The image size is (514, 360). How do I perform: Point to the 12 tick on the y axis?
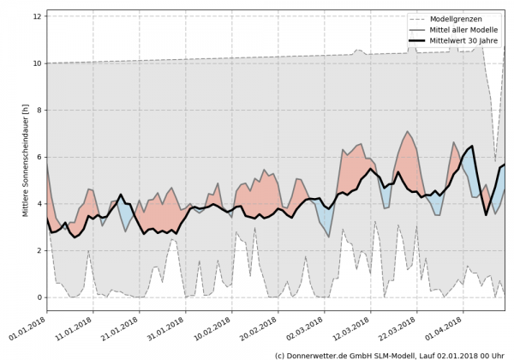point(38,16)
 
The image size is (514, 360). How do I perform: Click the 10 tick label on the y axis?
point(38,63)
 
